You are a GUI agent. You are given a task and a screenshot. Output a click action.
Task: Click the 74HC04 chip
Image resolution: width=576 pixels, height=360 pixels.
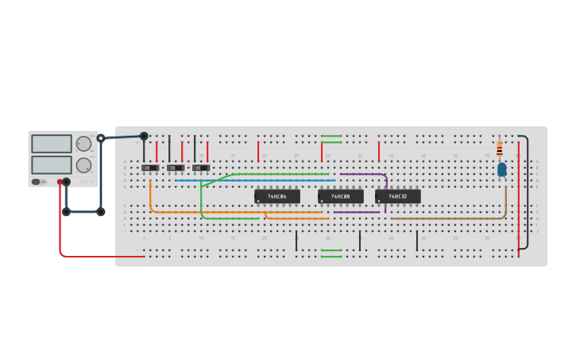click(x=276, y=196)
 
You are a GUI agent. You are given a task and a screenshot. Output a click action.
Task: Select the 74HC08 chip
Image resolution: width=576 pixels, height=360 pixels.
click(x=340, y=196)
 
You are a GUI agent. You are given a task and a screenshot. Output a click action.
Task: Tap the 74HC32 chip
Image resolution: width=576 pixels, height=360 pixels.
click(x=397, y=196)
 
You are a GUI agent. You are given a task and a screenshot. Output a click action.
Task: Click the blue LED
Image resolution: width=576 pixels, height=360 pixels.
click(x=501, y=169)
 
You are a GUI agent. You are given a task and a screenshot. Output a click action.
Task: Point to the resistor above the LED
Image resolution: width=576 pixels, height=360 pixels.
click(x=499, y=149)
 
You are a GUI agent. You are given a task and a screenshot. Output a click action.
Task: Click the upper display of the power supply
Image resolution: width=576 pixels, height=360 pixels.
click(x=52, y=144)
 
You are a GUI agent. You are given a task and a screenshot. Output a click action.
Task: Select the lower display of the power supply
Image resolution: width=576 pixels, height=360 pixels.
click(x=52, y=165)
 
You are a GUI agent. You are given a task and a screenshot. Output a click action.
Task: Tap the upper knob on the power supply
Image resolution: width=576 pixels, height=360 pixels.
click(x=83, y=144)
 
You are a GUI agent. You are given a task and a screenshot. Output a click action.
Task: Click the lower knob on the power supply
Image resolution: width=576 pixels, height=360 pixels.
click(x=83, y=165)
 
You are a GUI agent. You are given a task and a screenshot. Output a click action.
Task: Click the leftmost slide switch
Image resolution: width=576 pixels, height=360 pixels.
click(x=149, y=168)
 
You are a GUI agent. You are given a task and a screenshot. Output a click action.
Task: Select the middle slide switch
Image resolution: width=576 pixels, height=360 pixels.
click(x=175, y=168)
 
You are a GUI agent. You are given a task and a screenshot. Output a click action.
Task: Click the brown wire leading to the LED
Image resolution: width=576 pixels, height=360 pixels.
click(x=445, y=218)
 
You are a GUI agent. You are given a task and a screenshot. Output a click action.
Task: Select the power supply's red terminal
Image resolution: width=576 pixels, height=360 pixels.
click(x=60, y=182)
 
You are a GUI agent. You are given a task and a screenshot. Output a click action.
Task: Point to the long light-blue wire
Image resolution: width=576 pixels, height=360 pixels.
click(x=254, y=180)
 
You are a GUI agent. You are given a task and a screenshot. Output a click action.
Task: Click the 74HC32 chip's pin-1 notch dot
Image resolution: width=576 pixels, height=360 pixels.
click(x=379, y=201)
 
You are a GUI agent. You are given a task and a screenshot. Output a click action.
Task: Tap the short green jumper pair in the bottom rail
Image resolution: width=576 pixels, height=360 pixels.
click(x=331, y=254)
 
